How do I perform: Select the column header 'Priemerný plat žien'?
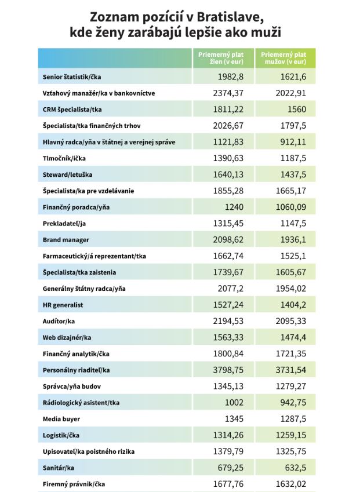click(x=221, y=57)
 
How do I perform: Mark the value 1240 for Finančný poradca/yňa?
click(x=235, y=207)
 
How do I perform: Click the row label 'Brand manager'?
click(x=66, y=239)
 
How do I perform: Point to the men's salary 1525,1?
click(x=290, y=256)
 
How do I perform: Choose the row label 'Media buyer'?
click(x=61, y=418)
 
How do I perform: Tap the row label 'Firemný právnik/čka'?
click(x=74, y=483)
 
